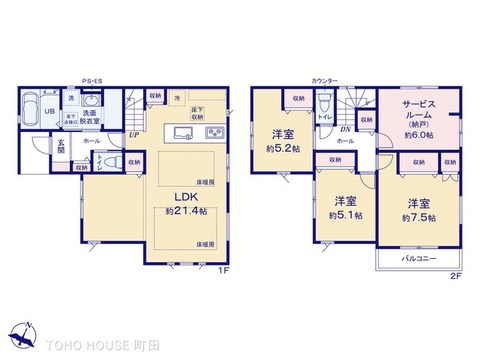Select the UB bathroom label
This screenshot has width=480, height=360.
tap(48, 112)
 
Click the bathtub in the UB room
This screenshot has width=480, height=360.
tap(28, 113)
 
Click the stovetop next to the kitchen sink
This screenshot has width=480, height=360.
tap(214, 133)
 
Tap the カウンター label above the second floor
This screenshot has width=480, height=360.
tap(323, 79)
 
